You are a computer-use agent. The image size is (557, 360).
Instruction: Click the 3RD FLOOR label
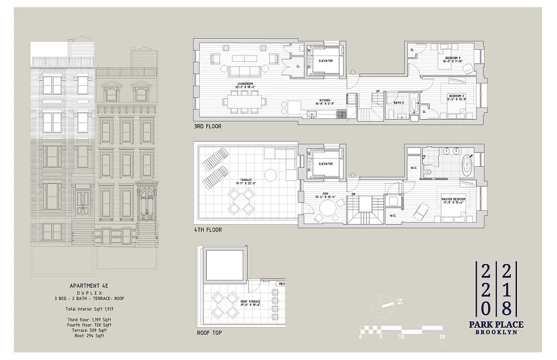point(207,126)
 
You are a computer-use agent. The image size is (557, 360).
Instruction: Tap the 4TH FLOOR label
point(207,229)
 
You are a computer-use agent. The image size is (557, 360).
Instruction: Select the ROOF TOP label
point(209,333)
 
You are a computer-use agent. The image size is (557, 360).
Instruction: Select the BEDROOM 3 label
point(453,59)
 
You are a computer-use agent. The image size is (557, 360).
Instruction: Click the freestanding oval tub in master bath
point(468,166)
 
